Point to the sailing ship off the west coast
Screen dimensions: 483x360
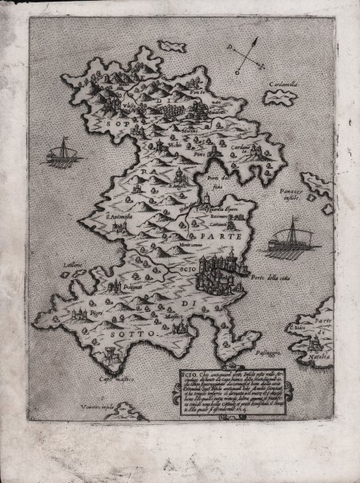tap(59, 148)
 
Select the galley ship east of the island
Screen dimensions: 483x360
tap(286, 237)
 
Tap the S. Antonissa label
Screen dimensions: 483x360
tap(109, 214)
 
